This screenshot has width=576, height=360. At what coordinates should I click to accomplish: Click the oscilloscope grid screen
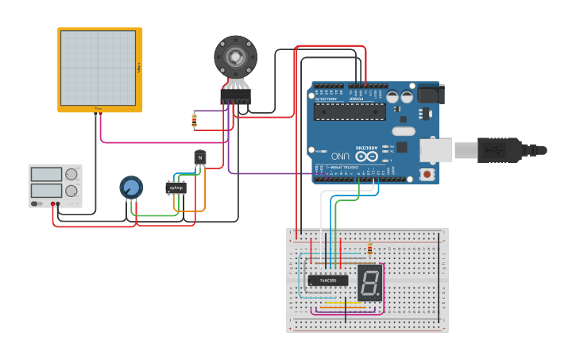pyautogui.click(x=99, y=68)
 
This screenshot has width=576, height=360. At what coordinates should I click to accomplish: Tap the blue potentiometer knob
pyautogui.click(x=131, y=188)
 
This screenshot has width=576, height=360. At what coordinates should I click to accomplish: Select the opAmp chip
pyautogui.click(x=176, y=188)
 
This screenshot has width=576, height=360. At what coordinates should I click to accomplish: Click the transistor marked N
pyautogui.click(x=200, y=158)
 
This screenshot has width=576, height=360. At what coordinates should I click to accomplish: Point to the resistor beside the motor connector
pyautogui.click(x=195, y=121)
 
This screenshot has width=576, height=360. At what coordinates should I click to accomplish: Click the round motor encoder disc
pyautogui.click(x=235, y=56)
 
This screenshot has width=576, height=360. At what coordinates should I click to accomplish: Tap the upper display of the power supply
pyautogui.click(x=47, y=174)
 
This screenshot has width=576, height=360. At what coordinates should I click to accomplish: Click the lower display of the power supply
pyautogui.click(x=47, y=191)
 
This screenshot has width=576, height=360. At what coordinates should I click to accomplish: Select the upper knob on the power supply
pyautogui.click(x=72, y=174)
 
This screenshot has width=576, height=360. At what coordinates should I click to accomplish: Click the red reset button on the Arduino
pyautogui.click(x=427, y=173)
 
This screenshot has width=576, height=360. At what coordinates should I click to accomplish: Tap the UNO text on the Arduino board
pyautogui.click(x=341, y=154)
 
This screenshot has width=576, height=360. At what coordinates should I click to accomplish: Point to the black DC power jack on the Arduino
pyautogui.click(x=430, y=94)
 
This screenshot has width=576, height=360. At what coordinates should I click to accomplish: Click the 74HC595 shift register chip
pyautogui.click(x=327, y=280)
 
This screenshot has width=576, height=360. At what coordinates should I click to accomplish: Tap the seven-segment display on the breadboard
pyautogui.click(x=369, y=281)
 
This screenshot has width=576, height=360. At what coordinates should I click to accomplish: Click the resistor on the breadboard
pyautogui.click(x=369, y=250)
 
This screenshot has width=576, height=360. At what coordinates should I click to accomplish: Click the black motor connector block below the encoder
pyautogui.click(x=235, y=96)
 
